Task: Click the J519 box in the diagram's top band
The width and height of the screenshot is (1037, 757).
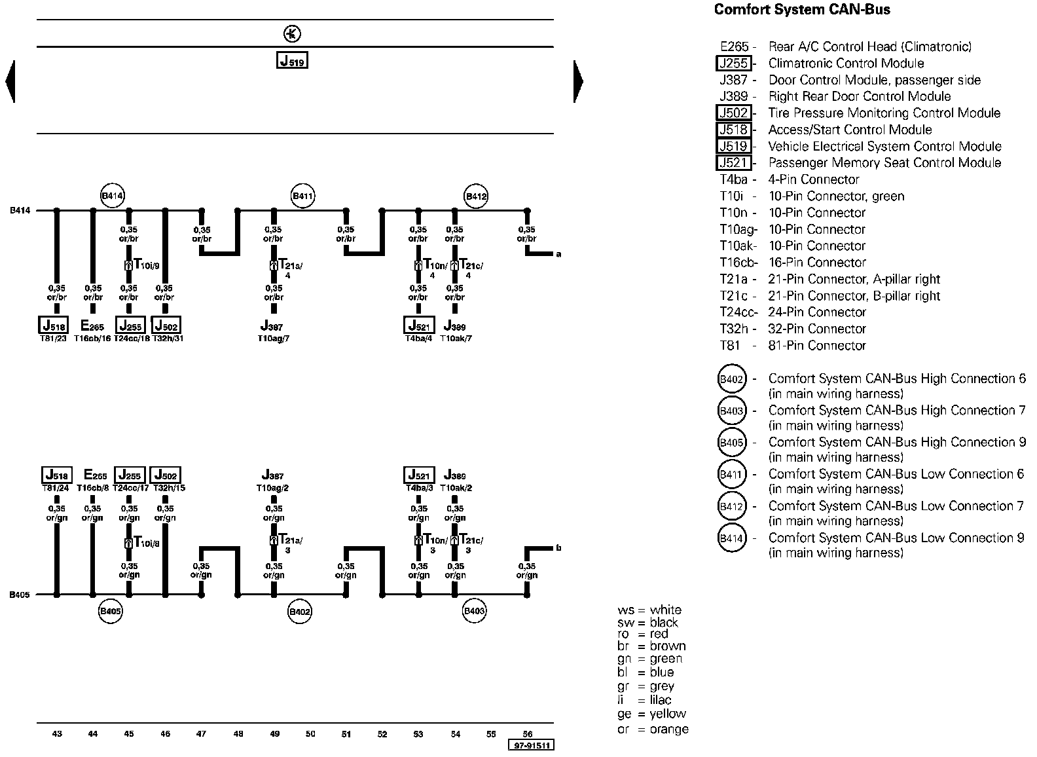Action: pos(292,60)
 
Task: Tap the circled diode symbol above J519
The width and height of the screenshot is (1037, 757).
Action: pos(291,34)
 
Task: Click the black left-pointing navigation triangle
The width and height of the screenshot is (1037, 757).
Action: pos(10,81)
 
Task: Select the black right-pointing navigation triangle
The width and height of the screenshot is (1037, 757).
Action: pos(578,81)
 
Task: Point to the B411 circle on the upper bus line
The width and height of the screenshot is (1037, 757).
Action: pos(303,195)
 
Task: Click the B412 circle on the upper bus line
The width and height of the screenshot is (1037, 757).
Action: pos(476,195)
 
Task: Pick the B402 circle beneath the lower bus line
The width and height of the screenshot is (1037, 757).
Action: pos(300,612)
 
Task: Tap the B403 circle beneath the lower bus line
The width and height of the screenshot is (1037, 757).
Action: pos(474,612)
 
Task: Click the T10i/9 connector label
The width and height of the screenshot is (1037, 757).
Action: pos(146,265)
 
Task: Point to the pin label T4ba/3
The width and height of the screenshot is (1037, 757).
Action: pos(419,488)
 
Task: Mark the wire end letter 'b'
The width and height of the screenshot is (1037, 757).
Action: pos(558,548)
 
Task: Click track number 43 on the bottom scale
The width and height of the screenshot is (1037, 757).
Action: pos(57,733)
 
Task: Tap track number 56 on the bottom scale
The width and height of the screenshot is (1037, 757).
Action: pos(528,733)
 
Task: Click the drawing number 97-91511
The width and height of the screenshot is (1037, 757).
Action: pos(531,745)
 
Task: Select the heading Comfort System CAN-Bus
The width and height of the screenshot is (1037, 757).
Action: pos(802,10)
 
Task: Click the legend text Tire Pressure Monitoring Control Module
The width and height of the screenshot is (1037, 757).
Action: pos(884,113)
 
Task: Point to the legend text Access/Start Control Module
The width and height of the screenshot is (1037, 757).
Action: pos(850,130)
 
